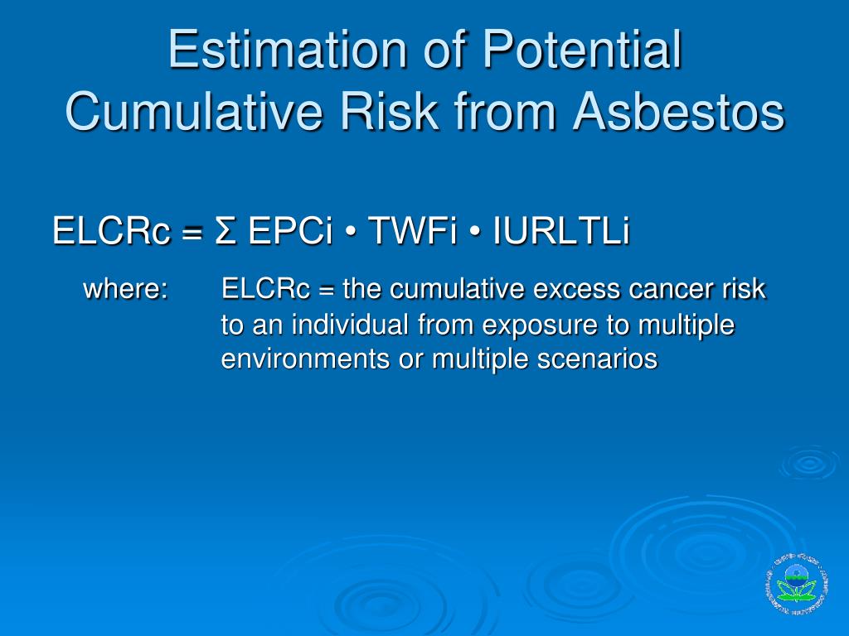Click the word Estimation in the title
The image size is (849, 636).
point(288,49)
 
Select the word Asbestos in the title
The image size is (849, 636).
point(678,112)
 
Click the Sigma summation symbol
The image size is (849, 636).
point(226,231)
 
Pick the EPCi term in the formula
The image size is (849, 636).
point(289,231)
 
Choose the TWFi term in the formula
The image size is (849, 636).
point(412,231)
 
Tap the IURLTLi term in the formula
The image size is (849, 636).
point(561,231)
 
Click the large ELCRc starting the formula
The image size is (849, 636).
point(111,231)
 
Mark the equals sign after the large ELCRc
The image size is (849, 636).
point(192,233)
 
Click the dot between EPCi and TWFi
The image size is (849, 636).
point(350,233)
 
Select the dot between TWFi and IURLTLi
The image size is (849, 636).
point(474,233)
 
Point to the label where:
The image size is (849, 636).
point(126,289)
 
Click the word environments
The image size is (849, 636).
point(305,359)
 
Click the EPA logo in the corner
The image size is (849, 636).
point(797,584)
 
